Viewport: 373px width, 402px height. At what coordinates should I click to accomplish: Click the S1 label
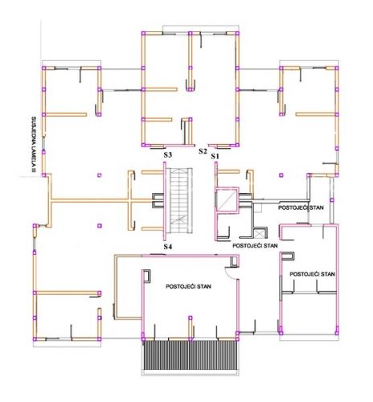[x=215, y=156]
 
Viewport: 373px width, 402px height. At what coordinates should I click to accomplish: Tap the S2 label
[x=203, y=151]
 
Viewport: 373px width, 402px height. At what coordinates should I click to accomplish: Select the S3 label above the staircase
[x=168, y=155]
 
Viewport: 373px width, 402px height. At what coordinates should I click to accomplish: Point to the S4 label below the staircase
[x=168, y=247]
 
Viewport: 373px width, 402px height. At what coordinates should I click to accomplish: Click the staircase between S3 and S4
[x=182, y=200]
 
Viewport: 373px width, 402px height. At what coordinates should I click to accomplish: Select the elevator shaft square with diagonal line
[x=227, y=200]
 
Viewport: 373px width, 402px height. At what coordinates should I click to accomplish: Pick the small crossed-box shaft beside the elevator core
[x=259, y=233]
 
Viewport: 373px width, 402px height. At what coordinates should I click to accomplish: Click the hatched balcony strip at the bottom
[x=191, y=355]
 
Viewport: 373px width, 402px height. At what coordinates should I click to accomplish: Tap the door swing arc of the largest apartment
[x=229, y=273]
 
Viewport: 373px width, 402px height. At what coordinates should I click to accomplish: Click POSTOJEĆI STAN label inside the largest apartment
[x=188, y=286]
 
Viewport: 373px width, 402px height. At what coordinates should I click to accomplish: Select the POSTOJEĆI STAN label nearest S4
[x=255, y=245]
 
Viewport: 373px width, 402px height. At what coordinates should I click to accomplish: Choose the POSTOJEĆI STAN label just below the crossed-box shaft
[x=255, y=245]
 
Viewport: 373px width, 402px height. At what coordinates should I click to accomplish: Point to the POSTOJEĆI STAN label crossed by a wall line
[x=301, y=207]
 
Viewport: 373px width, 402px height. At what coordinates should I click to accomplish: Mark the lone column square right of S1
[x=281, y=175]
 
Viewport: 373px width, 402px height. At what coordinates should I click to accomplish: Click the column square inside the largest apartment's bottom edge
[x=191, y=318]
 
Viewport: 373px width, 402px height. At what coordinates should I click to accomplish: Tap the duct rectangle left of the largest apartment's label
[x=147, y=276]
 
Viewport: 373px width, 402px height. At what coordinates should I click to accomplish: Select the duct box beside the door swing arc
[x=235, y=260]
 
